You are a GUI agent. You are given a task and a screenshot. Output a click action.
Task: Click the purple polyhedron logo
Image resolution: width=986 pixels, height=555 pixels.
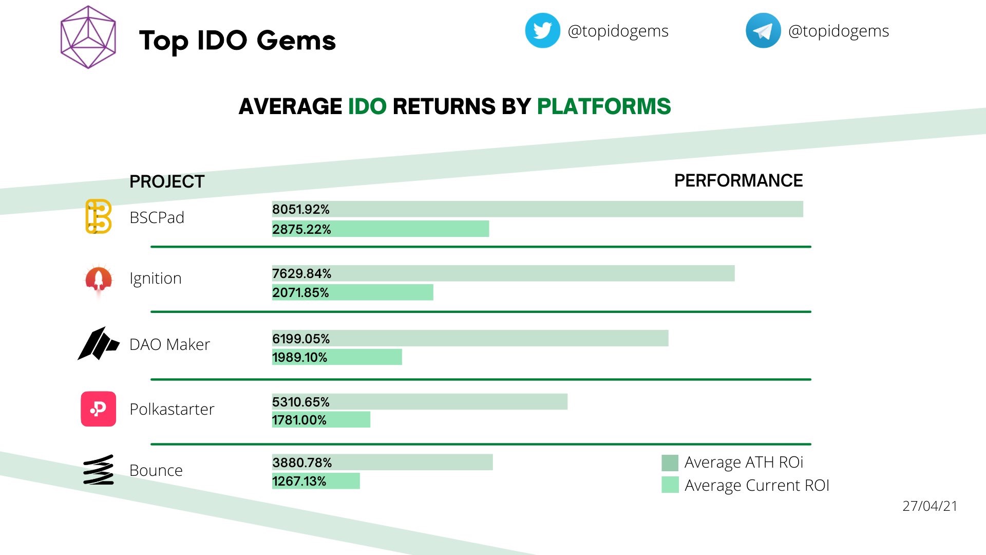click(x=88, y=37)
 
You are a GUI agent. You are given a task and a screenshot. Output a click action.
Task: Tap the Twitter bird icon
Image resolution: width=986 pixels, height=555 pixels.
click(x=542, y=31)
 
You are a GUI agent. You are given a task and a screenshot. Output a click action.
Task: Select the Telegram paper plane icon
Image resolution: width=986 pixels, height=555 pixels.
click(x=763, y=31)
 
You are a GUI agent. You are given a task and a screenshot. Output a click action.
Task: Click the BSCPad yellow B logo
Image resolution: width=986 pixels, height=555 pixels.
click(x=98, y=217)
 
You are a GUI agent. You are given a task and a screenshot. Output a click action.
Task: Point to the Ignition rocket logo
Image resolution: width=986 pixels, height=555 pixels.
click(x=99, y=281)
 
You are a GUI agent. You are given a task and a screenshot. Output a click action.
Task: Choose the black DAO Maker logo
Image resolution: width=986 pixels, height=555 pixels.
click(x=98, y=344)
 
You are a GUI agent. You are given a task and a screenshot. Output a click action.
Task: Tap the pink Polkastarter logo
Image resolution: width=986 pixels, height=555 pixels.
click(x=98, y=409)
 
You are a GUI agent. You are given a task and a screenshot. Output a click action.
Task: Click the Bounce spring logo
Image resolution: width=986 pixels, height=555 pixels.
click(x=98, y=470)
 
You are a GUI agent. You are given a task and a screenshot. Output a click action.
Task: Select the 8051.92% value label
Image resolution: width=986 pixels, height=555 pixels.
click(x=301, y=210)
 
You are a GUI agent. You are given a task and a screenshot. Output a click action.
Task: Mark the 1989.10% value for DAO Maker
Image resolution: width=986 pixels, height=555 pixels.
click(x=299, y=358)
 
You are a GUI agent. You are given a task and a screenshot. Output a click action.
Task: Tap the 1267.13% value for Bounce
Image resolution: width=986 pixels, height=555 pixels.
click(x=299, y=482)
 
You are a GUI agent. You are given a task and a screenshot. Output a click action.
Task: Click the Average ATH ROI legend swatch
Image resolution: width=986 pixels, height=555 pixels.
click(x=670, y=463)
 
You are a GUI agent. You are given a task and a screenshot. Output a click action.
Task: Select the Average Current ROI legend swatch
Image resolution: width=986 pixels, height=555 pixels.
click(x=670, y=485)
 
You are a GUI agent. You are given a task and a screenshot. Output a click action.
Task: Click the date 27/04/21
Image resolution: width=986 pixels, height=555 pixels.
click(x=930, y=506)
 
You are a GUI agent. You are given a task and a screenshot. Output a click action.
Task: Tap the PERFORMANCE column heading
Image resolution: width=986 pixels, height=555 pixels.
click(x=738, y=181)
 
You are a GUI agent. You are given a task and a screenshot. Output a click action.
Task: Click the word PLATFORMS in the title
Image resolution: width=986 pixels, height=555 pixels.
click(x=603, y=107)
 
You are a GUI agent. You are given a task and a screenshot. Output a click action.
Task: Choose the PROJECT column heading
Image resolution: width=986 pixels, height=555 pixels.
click(x=167, y=182)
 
